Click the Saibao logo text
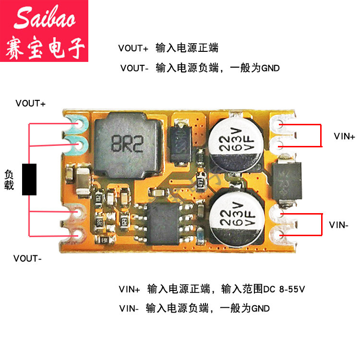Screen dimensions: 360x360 tap(44, 18)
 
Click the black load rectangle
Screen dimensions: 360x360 tap(30, 179)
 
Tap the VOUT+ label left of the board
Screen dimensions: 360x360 tap(30, 103)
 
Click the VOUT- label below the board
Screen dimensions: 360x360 tap(27, 258)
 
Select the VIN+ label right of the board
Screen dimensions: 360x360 tap(345, 136)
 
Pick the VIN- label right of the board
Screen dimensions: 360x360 tap(339, 224)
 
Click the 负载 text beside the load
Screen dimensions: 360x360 tap(9, 179)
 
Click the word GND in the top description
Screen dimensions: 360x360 tap(270, 68)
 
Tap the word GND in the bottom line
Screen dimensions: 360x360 tap(261, 308)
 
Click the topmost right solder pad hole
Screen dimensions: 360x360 tap(279, 124)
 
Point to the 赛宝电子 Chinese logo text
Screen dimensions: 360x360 tap(45, 48)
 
